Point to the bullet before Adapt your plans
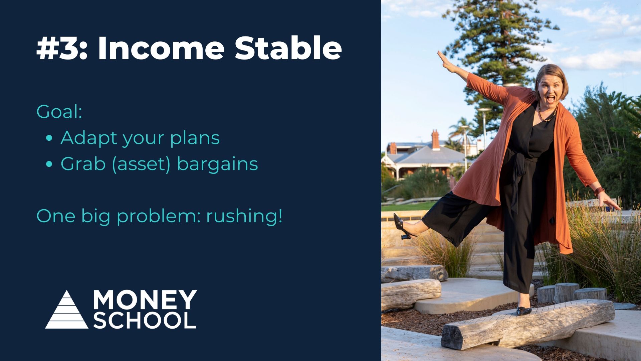click(49, 138)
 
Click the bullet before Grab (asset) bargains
click(49, 164)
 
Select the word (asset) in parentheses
click(141, 164)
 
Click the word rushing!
click(244, 216)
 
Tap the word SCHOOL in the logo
click(145, 320)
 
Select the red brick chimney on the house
click(435, 139)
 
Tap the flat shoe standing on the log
click(524, 311)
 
